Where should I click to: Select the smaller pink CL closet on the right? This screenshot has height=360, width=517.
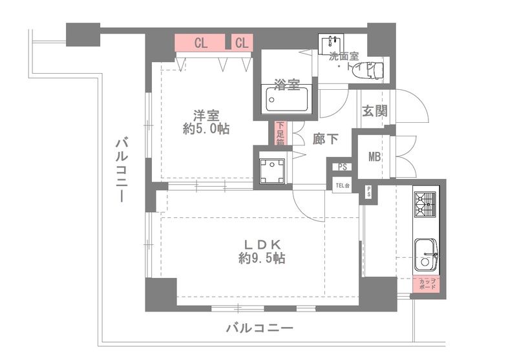pyautogui.click(x=242, y=43)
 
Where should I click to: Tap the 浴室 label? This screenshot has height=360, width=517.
pyautogui.click(x=286, y=84)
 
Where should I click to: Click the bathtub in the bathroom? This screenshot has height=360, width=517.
pyautogui.click(x=288, y=100)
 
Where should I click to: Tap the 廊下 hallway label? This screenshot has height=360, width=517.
pyautogui.click(x=324, y=138)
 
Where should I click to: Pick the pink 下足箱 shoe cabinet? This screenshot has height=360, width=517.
pyautogui.click(x=280, y=134)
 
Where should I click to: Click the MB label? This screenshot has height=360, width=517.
pyautogui.click(x=374, y=156)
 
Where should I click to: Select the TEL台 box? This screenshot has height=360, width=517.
pyautogui.click(x=342, y=187)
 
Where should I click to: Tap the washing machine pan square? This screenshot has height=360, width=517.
pyautogui.click(x=272, y=169)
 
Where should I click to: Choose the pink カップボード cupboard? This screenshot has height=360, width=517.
pyautogui.click(x=427, y=285)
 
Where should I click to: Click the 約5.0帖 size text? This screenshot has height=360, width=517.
pyautogui.click(x=206, y=129)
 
